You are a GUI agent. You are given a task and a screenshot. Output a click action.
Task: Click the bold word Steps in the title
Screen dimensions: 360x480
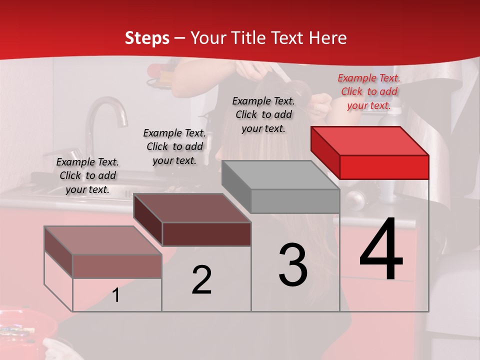[x=147, y=38]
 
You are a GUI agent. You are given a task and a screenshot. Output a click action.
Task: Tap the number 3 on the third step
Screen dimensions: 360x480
[x=293, y=264]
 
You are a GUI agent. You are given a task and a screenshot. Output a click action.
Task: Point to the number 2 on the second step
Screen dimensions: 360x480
[x=201, y=280]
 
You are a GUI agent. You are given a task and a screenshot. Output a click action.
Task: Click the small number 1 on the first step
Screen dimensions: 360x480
[x=116, y=295]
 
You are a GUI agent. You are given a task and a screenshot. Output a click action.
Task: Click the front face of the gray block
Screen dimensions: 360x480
[x=295, y=201]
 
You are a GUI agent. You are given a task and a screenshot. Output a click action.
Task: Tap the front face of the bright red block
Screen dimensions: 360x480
[x=384, y=167]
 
